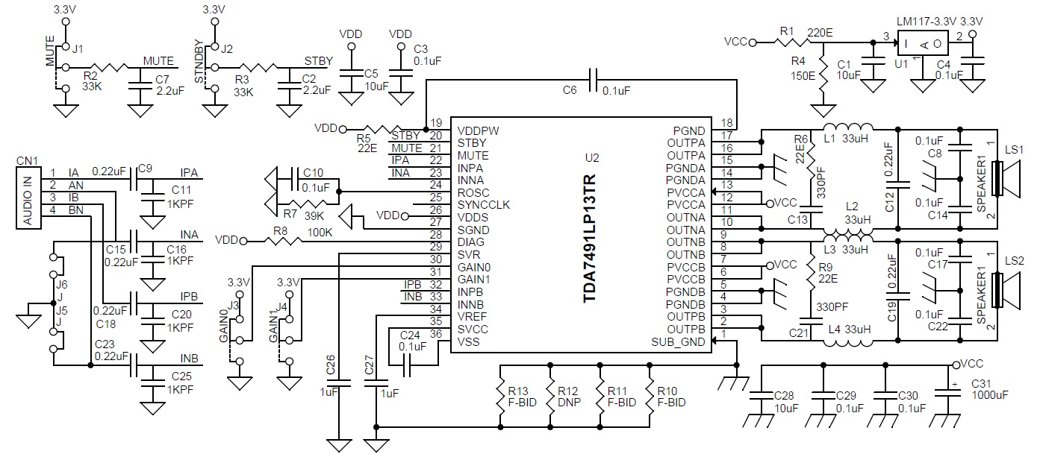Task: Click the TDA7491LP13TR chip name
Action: click(589, 239)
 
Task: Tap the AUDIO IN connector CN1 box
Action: click(28, 198)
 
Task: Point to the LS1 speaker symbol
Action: click(1005, 178)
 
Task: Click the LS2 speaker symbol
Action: click(1005, 291)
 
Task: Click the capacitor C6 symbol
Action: click(592, 80)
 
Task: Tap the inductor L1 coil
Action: click(848, 127)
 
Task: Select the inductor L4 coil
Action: click(848, 344)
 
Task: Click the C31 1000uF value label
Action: click(990, 395)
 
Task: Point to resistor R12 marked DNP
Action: click(550, 397)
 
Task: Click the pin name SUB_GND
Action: click(678, 342)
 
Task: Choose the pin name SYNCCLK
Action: click(483, 205)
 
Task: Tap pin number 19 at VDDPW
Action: click(436, 123)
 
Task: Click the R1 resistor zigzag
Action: click(792, 42)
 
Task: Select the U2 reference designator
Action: click(592, 158)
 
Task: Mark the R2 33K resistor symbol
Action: click(109, 68)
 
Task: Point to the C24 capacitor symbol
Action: click(407, 366)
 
